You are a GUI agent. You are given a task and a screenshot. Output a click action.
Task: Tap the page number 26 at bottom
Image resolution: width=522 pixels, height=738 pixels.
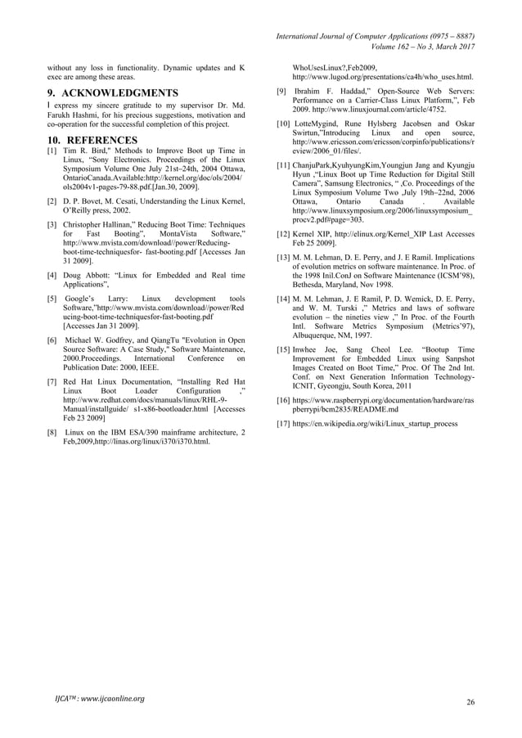[x=470, y=702]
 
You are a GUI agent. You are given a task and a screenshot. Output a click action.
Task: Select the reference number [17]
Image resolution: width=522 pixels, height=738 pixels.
[x=283, y=424]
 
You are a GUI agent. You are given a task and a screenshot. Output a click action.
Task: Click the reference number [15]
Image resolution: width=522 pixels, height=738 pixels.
[x=283, y=350]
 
